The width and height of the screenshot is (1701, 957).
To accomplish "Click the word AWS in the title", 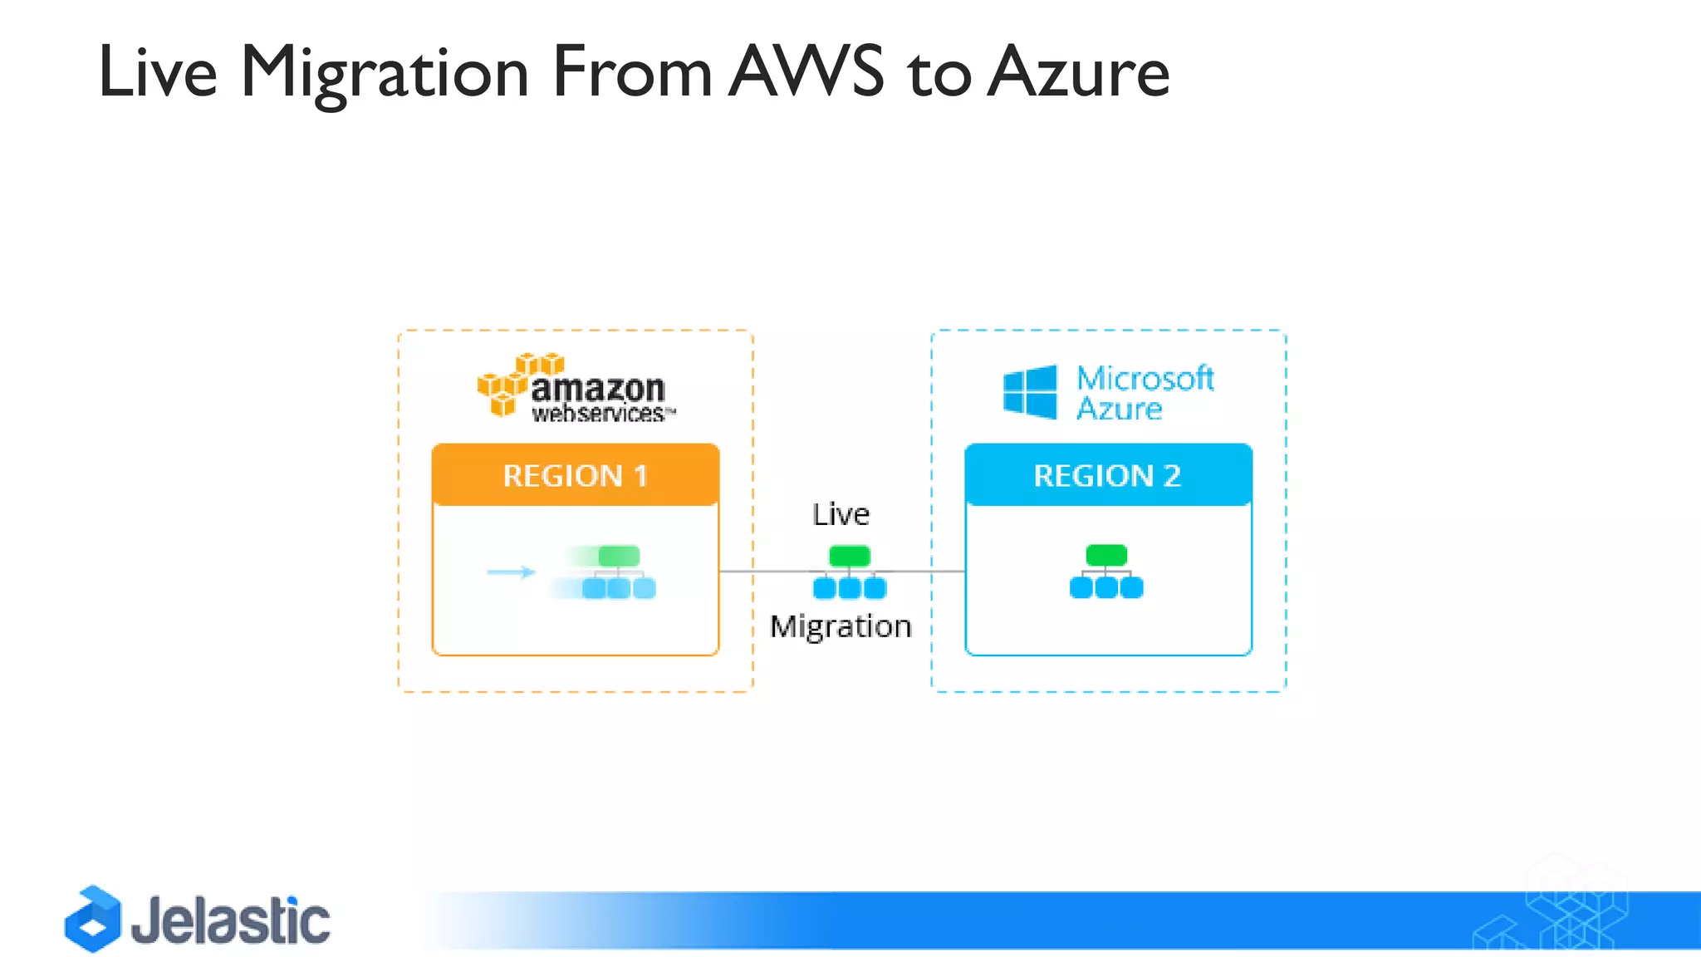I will [x=807, y=72].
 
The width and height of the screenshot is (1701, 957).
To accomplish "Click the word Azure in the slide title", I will [x=1079, y=72].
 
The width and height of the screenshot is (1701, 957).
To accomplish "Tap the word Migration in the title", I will [x=385, y=72].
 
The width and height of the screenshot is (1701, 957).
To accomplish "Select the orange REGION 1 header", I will [x=575, y=475].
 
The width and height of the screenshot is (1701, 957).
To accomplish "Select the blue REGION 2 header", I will [x=1108, y=475].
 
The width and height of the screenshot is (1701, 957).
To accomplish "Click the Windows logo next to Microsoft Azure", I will [x=1030, y=391].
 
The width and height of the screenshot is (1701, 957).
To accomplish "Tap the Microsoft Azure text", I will [x=1144, y=393].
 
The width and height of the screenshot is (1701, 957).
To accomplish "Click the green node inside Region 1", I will [x=619, y=555].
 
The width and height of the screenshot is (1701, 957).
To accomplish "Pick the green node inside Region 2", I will [x=1106, y=554].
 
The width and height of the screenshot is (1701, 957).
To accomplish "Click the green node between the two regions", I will [x=850, y=555].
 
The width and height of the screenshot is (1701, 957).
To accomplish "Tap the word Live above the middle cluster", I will [x=841, y=514].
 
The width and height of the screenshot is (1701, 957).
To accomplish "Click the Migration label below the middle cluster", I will [x=841, y=626].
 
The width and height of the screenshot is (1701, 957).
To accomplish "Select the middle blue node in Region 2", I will [x=1106, y=588].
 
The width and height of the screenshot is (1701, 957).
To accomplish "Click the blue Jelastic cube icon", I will [x=93, y=919].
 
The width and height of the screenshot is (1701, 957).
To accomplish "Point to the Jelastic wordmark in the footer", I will [x=230, y=920].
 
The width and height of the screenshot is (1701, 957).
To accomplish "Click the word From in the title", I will [x=631, y=72].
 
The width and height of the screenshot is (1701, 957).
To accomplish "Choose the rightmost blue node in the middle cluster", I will [x=875, y=588].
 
